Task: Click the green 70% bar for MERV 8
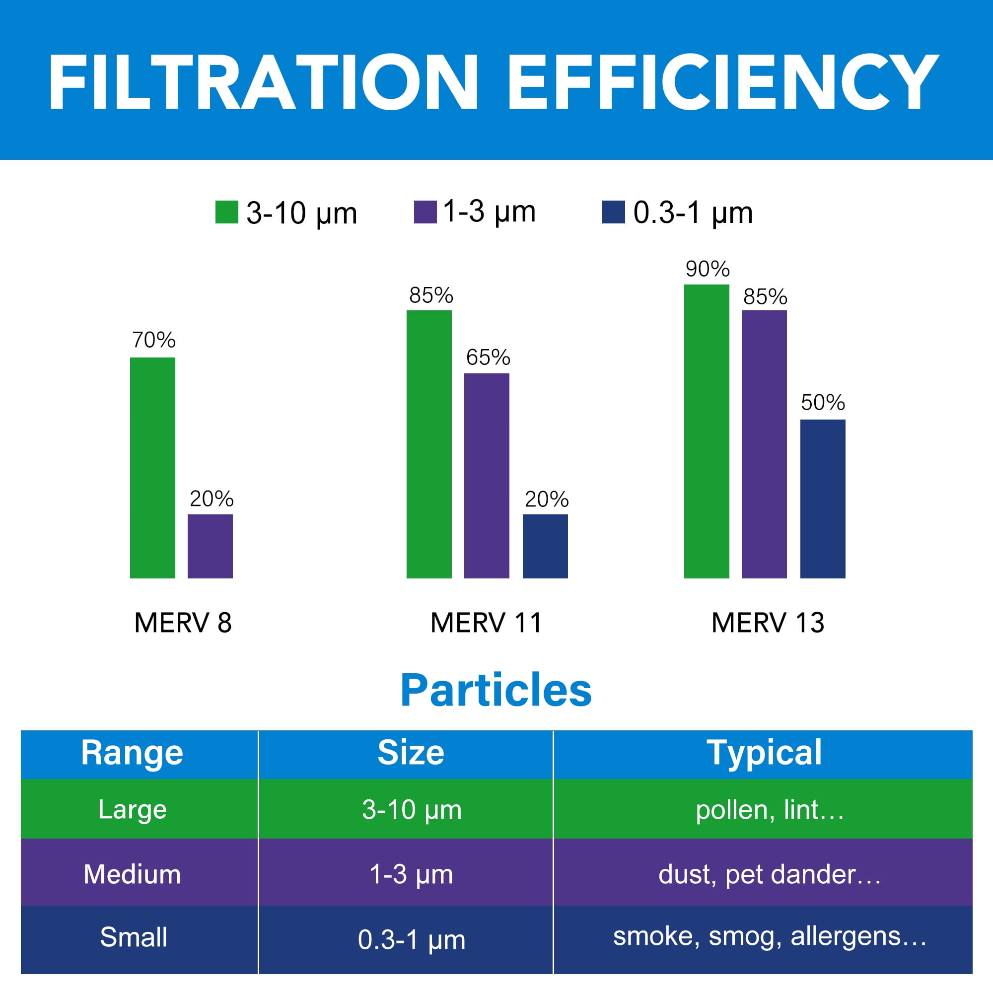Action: coord(152,468)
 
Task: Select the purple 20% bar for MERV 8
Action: coord(210,546)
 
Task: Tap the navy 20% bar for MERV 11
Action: coord(545,546)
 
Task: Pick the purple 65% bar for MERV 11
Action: coord(487,476)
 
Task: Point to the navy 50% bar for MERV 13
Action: coord(823,498)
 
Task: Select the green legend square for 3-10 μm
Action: coord(227,213)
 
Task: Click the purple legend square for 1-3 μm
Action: coord(425,213)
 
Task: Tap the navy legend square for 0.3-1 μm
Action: coord(613,213)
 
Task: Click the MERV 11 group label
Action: coord(486,623)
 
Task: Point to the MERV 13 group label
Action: coord(768,623)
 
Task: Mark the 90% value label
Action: coord(707,269)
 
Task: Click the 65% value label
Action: coord(488,357)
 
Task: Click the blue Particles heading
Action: coord(496,690)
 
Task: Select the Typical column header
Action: coord(764,753)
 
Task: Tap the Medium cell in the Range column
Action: coord(132,874)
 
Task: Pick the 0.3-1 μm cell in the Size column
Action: coord(411,939)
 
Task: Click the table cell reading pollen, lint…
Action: coord(770,810)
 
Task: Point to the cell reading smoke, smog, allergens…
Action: coord(770,936)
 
